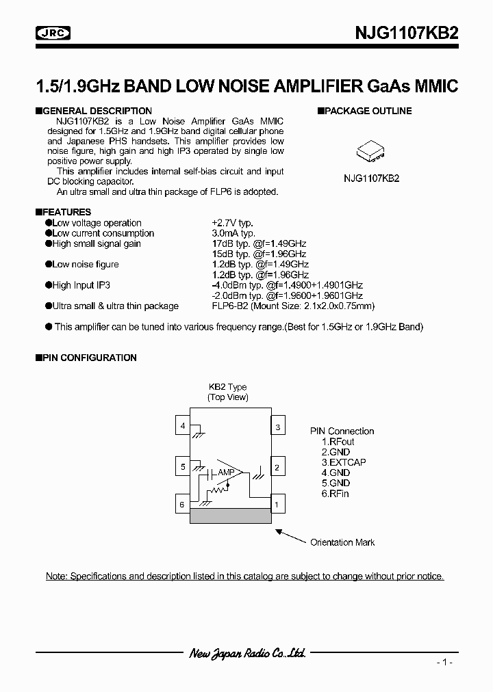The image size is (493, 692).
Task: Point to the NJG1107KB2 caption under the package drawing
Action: click(371, 178)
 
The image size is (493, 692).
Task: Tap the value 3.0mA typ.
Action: click(233, 233)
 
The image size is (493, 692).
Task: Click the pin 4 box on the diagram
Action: click(183, 426)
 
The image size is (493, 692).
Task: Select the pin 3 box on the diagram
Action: click(278, 427)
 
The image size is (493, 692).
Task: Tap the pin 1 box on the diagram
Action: click(278, 506)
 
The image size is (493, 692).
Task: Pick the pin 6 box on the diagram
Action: click(183, 505)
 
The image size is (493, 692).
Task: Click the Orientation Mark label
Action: click(342, 542)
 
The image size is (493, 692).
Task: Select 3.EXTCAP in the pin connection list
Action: click(344, 462)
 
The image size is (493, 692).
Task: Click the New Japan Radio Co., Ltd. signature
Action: click(246, 654)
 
